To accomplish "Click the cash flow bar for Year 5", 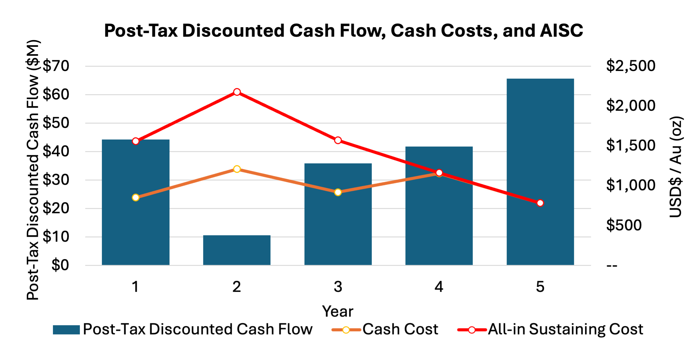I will point(540,171).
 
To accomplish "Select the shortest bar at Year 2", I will point(237,250).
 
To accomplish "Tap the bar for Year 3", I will point(338,214).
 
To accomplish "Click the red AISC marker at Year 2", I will point(237,92).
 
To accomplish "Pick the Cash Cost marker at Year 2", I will point(237,169).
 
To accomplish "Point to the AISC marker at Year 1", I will point(136,141).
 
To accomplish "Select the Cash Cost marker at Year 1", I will point(136,198).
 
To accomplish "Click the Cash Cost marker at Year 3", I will point(338,192).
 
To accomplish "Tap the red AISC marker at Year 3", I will point(338,140).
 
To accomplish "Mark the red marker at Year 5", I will point(540,203).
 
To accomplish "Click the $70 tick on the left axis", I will point(56,66).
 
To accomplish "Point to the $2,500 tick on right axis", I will point(631,66).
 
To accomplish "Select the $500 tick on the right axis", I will point(624,225).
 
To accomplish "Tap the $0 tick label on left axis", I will point(60,265).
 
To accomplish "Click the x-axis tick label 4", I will point(439,287).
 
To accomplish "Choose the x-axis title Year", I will point(338,311).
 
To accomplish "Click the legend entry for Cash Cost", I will point(400,329).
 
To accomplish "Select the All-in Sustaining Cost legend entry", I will point(565,329).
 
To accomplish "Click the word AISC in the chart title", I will point(561,31).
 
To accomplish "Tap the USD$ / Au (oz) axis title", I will point(676,167).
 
